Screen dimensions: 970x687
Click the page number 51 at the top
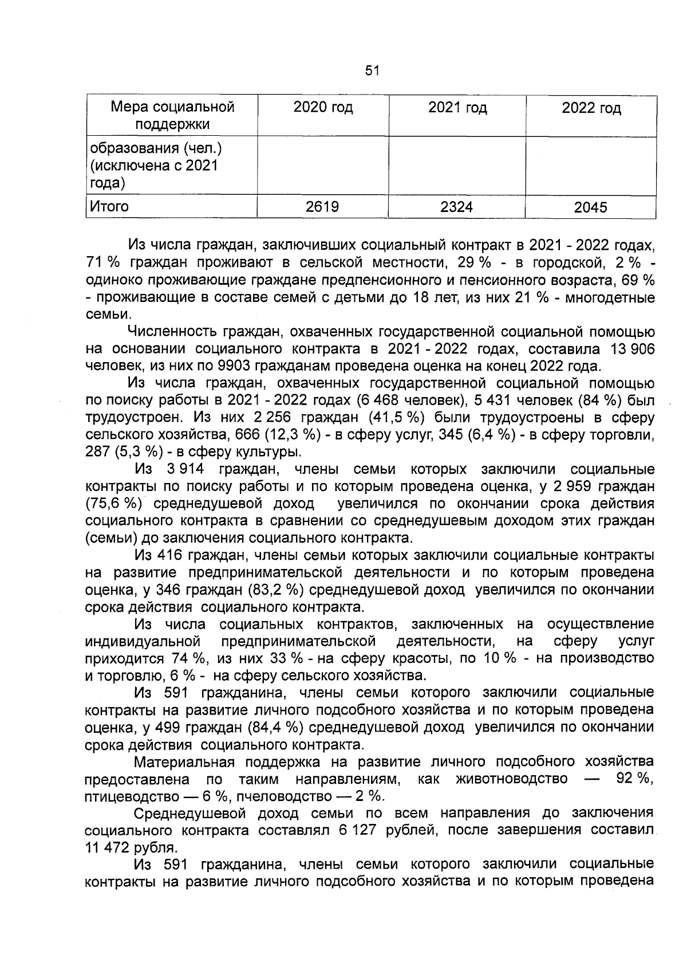pyautogui.click(x=372, y=70)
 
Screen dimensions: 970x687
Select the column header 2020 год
pyautogui.click(x=323, y=107)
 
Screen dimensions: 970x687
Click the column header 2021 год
pyautogui.click(x=457, y=107)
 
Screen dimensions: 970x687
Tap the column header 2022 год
pyautogui.click(x=591, y=108)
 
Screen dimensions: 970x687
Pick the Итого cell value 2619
pyautogui.click(x=322, y=207)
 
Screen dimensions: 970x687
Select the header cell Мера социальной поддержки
pyautogui.click(x=172, y=115)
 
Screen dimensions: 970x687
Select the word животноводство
pyautogui.click(x=512, y=779)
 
